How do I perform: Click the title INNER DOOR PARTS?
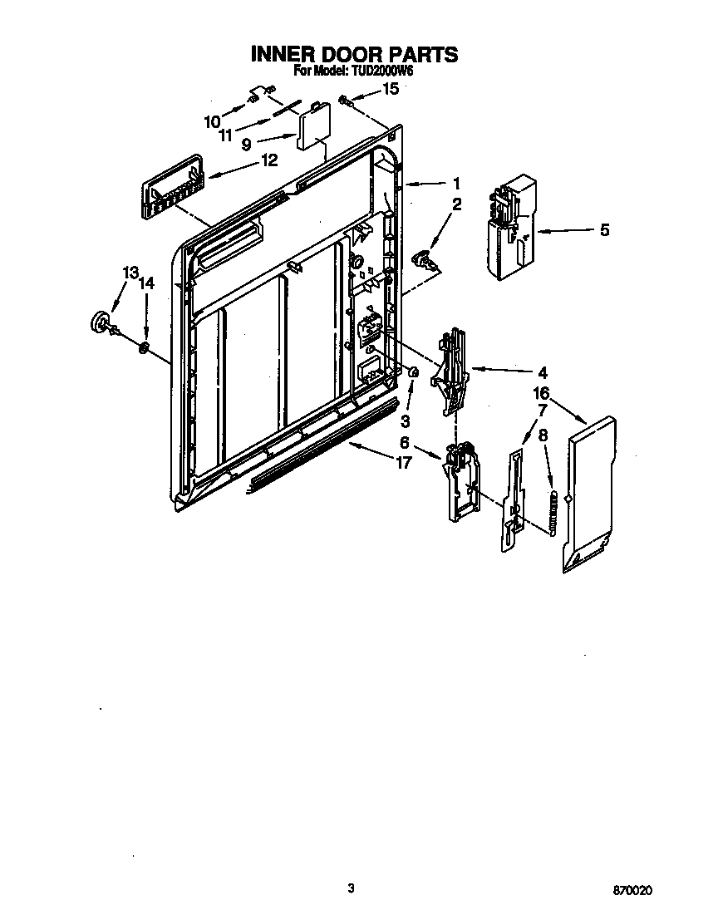coord(354,55)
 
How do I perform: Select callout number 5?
coord(604,230)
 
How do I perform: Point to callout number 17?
coord(403,464)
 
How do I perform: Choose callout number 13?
coord(130,273)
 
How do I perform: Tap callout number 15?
coord(390,87)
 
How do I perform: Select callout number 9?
coord(246,144)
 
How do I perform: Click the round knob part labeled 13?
coord(101,322)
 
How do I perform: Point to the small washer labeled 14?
coord(144,347)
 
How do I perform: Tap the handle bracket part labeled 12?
coord(172,188)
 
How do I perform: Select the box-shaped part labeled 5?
coord(508,226)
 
